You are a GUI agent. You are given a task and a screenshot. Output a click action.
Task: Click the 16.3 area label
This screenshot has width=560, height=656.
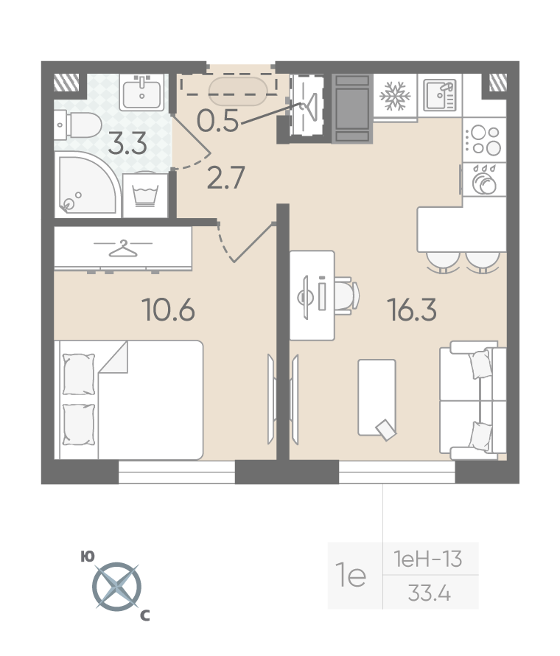point(412,310)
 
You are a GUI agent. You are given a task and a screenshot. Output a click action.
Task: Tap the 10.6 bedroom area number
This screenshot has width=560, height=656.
point(169,310)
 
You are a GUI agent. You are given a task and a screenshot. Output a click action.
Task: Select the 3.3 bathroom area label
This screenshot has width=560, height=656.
point(127,143)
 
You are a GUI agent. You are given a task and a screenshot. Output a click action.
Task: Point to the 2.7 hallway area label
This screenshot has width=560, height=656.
point(225,178)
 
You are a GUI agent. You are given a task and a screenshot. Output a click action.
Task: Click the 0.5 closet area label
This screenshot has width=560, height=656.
point(217,120)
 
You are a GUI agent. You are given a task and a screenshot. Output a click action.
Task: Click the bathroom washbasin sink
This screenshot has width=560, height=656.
point(141,92)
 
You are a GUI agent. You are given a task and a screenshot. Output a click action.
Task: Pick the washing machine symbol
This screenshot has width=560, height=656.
point(145,195)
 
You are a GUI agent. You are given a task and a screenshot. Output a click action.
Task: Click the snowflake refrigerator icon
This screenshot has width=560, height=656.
point(395,96)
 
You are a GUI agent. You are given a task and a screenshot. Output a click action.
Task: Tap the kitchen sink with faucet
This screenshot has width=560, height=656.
point(440,95)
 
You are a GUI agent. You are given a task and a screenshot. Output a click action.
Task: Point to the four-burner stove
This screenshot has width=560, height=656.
point(485,140)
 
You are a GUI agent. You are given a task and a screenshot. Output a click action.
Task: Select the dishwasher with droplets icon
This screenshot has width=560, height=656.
point(484,180)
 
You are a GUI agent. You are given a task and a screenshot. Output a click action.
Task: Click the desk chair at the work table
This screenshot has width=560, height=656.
point(348,296)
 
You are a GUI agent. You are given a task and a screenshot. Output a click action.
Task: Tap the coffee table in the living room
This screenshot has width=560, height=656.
point(377,397)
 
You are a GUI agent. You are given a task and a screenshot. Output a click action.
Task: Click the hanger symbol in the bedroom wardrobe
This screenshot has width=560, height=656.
point(122,248)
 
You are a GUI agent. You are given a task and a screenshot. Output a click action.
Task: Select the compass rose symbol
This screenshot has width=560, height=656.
point(116,586)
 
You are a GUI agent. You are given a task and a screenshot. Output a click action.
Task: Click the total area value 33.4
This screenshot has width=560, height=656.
point(430,593)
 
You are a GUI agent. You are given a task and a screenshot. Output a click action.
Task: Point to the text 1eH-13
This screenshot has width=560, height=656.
point(428,559)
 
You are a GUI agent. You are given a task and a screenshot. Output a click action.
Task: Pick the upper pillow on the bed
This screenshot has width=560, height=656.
point(79,374)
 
